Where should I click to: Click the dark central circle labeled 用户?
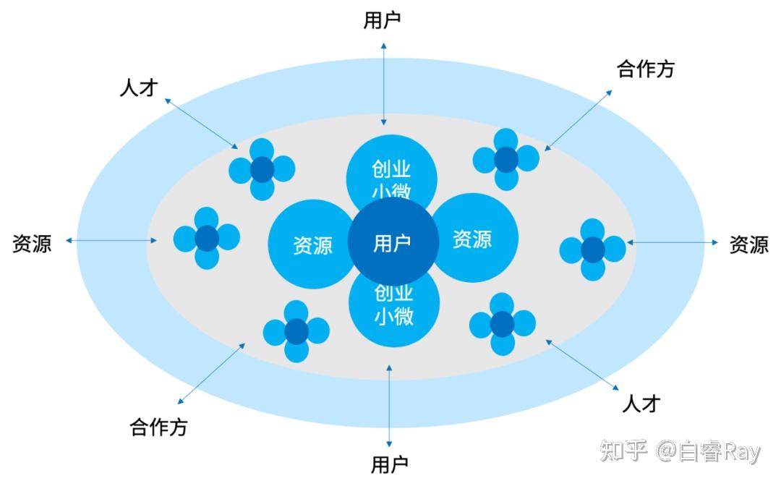[393, 242]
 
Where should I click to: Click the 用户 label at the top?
[382, 20]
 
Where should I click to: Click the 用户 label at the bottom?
[390, 464]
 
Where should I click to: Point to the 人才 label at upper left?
[138, 88]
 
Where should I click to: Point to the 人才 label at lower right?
[641, 403]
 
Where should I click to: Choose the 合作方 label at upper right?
[645, 69]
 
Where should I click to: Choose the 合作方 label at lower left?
[158, 427]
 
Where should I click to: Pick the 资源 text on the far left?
[32, 243]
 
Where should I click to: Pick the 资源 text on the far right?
[748, 244]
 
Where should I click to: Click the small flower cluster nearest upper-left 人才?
[262, 169]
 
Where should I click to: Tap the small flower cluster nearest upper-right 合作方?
[506, 159]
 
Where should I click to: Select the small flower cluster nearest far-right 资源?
[592, 250]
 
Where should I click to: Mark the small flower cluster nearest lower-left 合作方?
[296, 331]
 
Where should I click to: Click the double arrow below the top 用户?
[384, 84]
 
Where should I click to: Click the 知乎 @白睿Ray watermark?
[680, 451]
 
